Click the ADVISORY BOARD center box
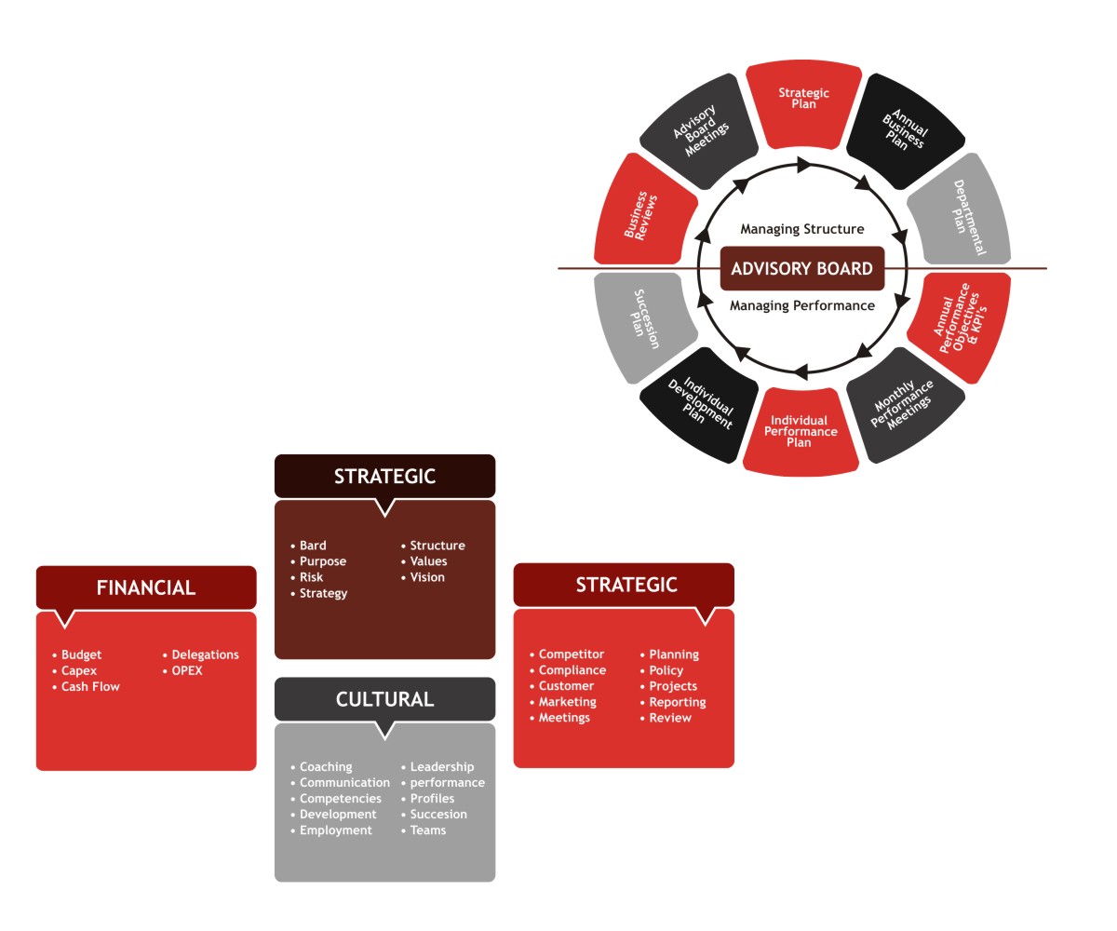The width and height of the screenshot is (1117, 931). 801,269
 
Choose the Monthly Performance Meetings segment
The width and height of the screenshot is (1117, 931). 902,405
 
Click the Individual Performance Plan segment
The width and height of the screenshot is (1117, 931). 801,432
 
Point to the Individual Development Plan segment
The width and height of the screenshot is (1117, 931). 702,404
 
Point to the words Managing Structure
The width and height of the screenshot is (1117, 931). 801,229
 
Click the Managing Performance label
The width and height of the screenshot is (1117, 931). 801,305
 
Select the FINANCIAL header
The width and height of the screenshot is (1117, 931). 146,587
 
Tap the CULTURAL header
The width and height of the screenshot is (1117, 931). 384,699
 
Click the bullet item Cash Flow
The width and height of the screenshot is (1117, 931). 90,687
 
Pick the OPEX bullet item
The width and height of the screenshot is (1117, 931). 186,671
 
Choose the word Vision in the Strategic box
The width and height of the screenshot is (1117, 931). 427,577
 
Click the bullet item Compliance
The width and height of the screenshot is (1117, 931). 572,670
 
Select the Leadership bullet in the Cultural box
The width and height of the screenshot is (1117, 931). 441,767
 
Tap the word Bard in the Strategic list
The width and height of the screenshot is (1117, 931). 313,546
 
